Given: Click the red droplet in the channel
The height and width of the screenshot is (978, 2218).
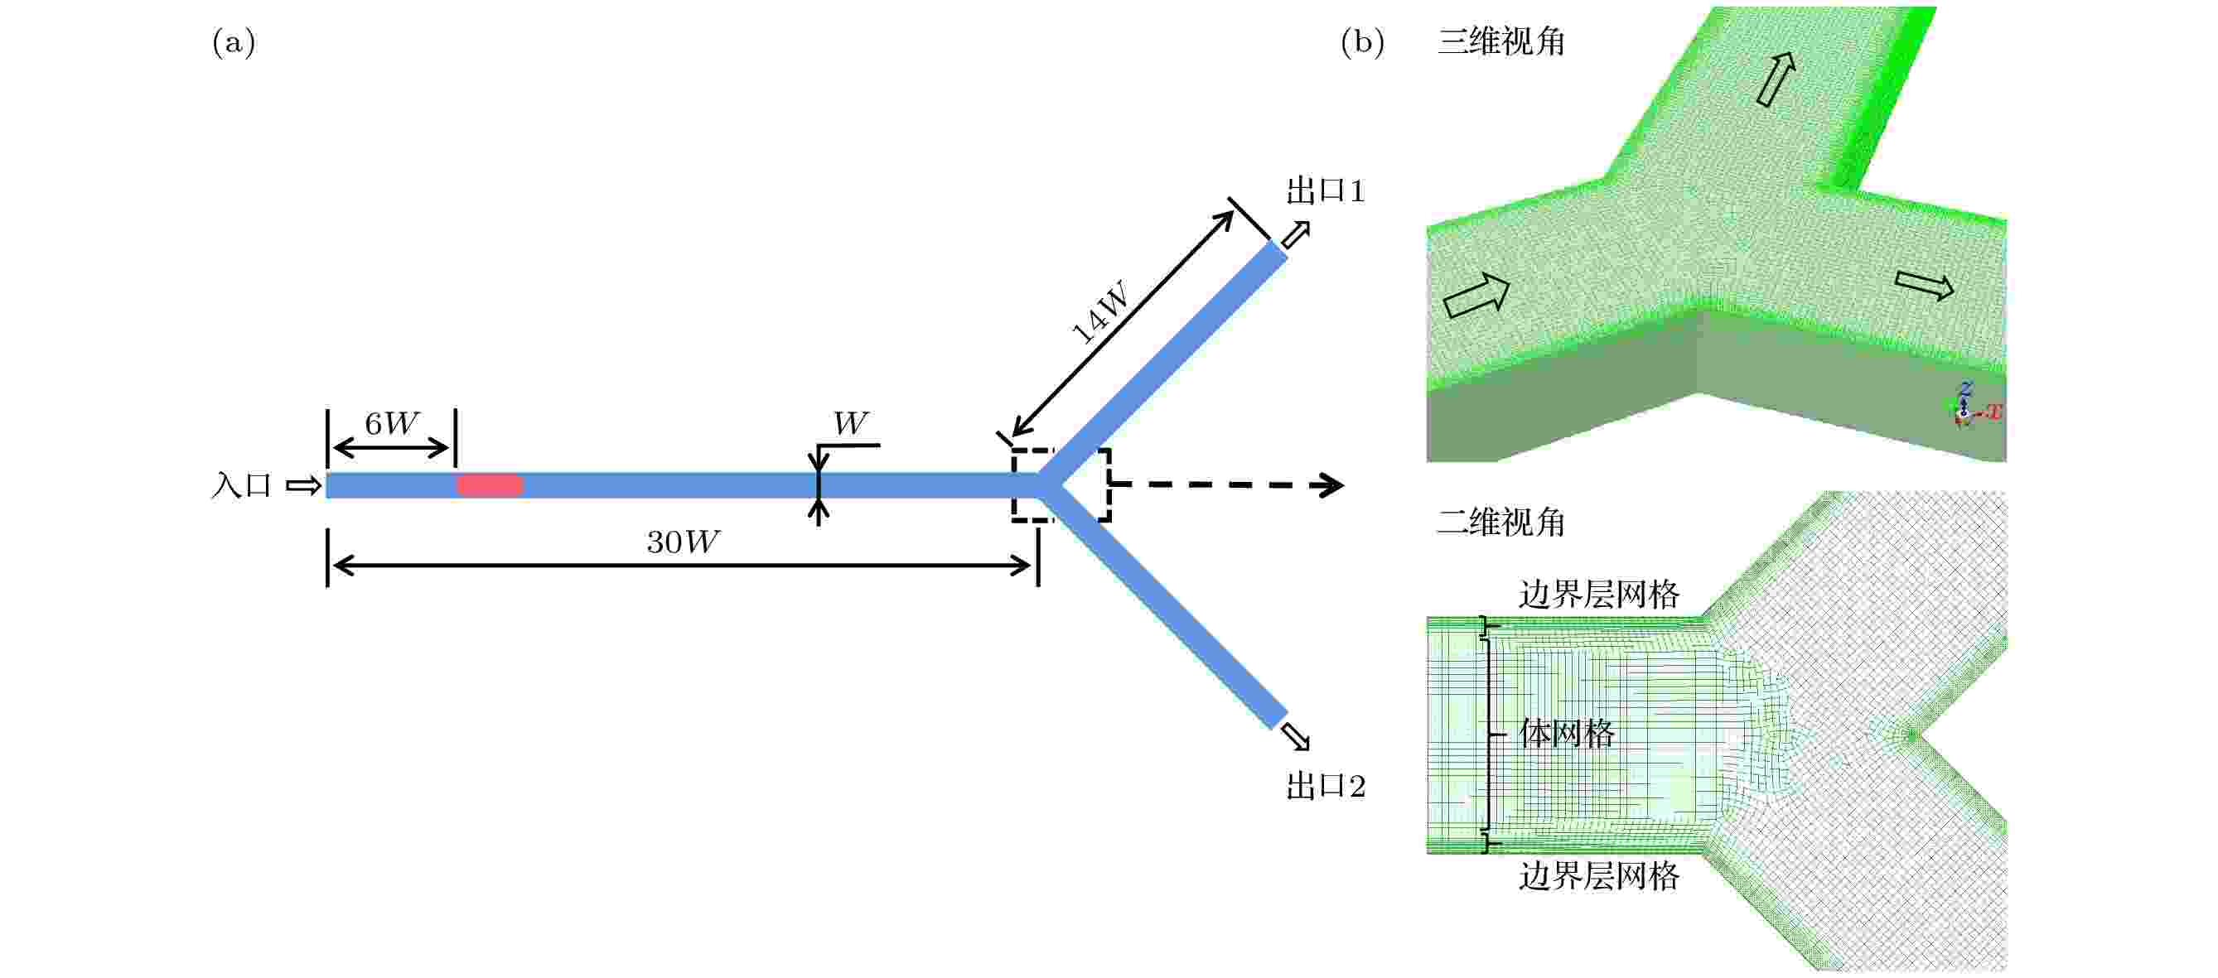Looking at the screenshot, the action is [x=489, y=485].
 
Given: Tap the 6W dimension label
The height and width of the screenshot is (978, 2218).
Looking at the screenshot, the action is [x=391, y=423].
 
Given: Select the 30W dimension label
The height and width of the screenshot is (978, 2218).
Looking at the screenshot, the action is [x=683, y=542].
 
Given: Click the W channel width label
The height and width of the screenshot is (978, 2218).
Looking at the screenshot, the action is [x=851, y=423].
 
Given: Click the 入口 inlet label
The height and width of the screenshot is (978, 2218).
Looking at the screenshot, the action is [x=242, y=485].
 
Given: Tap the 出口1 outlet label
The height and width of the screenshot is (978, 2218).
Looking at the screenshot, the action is [x=1326, y=191].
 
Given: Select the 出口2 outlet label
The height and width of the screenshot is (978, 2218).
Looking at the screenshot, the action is [x=1326, y=786].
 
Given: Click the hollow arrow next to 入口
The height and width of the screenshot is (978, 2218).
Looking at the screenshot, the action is [x=303, y=486].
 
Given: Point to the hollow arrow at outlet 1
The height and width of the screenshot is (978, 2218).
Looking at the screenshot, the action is [x=1296, y=234].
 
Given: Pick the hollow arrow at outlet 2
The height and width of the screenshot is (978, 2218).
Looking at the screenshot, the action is [x=1295, y=737].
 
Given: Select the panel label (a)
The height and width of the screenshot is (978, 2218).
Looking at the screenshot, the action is [x=234, y=42].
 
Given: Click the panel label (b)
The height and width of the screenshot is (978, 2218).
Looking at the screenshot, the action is [x=1363, y=42].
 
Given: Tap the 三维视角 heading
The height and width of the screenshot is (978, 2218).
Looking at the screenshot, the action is [x=1500, y=41].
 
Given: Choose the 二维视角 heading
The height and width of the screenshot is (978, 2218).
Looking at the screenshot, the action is [x=1500, y=522].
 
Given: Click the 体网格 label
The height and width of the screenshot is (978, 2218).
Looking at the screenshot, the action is [x=1566, y=734].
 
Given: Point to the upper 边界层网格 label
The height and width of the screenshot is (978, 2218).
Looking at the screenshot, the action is [x=1599, y=595].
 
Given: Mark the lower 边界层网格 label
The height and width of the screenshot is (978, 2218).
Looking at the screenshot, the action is [x=1599, y=876].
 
